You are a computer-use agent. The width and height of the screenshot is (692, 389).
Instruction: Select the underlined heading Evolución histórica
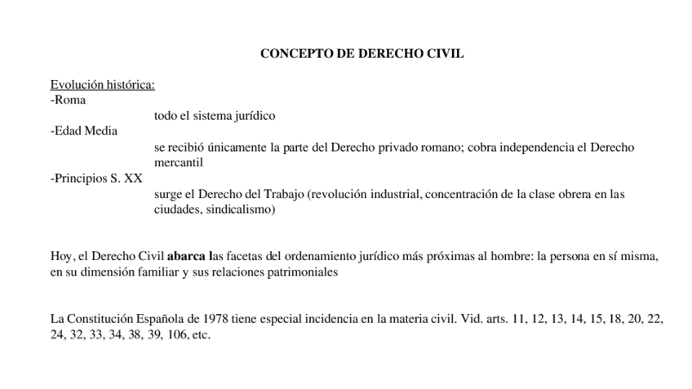(x=103, y=85)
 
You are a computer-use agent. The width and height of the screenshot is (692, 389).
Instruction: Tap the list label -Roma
(x=69, y=100)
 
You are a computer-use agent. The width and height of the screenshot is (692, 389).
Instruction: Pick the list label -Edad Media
(x=84, y=131)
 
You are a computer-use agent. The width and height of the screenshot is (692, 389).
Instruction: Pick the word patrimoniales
(x=300, y=272)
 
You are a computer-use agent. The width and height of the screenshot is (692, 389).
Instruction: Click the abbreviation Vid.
(x=466, y=319)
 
